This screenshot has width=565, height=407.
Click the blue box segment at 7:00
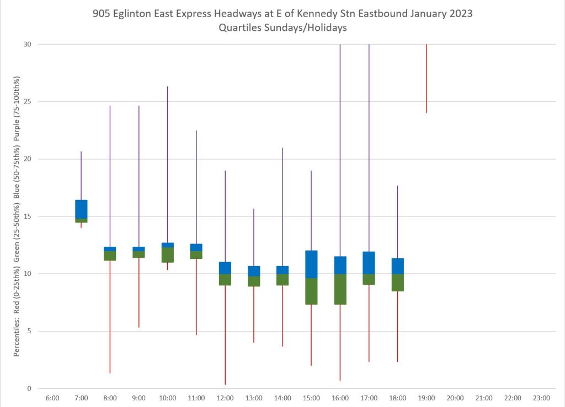pos(81,209)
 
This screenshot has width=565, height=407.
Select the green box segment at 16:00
pos(340,289)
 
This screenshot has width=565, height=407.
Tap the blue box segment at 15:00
pos(311,264)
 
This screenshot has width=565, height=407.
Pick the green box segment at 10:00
pos(167,255)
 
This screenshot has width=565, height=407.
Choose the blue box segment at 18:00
pos(397,266)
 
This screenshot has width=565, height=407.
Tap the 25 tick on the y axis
pos(28,101)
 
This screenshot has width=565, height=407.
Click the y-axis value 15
pos(28,216)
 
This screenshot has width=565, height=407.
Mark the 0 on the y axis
pos(30,389)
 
